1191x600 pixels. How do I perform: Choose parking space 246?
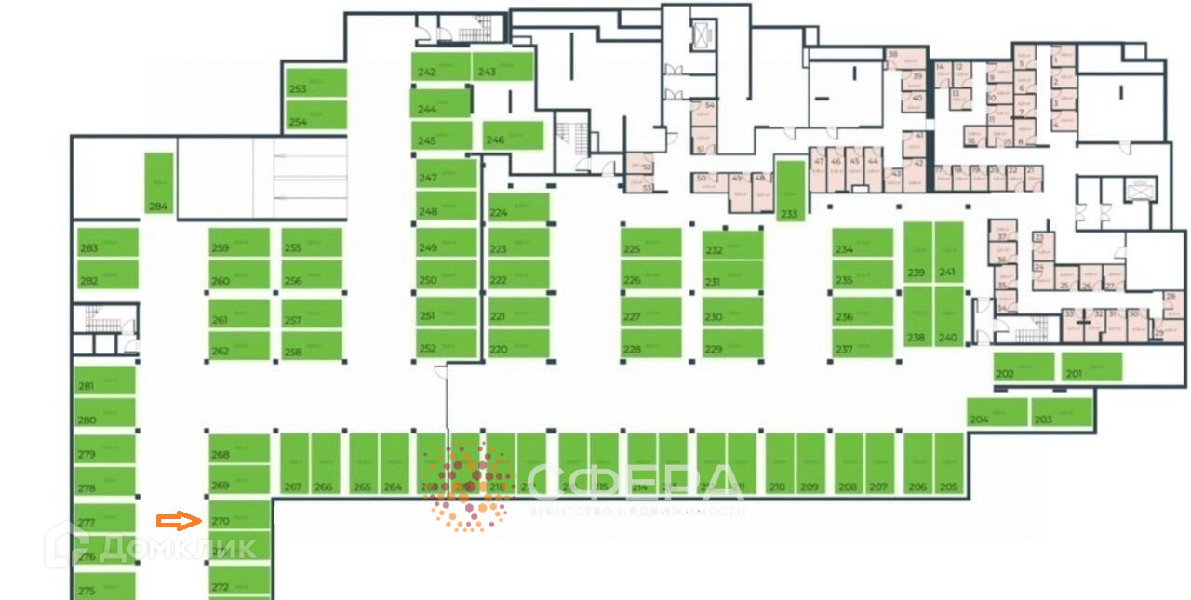513,135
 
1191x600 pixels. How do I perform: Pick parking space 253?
316,84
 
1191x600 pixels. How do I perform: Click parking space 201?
1092,367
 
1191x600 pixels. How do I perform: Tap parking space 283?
107,244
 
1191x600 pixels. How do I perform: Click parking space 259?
239,244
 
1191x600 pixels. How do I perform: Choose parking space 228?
651,344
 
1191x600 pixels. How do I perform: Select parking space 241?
948,252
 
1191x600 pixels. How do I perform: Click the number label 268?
221,455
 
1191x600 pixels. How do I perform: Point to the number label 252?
427,349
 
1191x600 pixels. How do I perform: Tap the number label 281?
87,386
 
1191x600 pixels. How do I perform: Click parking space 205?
948,463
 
